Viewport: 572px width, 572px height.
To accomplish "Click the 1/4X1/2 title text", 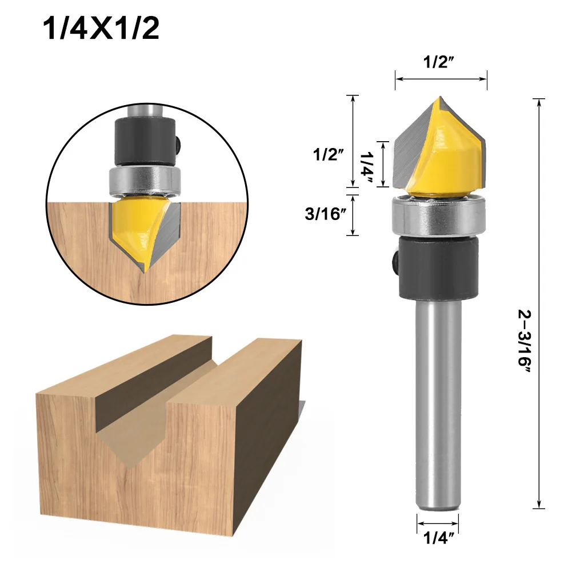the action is click(x=101, y=29).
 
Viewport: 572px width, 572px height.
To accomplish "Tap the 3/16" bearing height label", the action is click(x=325, y=214).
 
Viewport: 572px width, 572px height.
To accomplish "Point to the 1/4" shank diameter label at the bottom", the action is click(x=438, y=538).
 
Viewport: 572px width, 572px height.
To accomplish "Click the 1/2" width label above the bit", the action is click(x=438, y=62).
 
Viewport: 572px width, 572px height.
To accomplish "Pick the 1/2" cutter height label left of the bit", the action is click(x=329, y=154).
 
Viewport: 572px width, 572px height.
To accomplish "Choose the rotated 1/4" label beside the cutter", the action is click(x=366, y=168).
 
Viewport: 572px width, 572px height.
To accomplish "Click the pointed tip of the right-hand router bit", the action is click(x=440, y=97).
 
